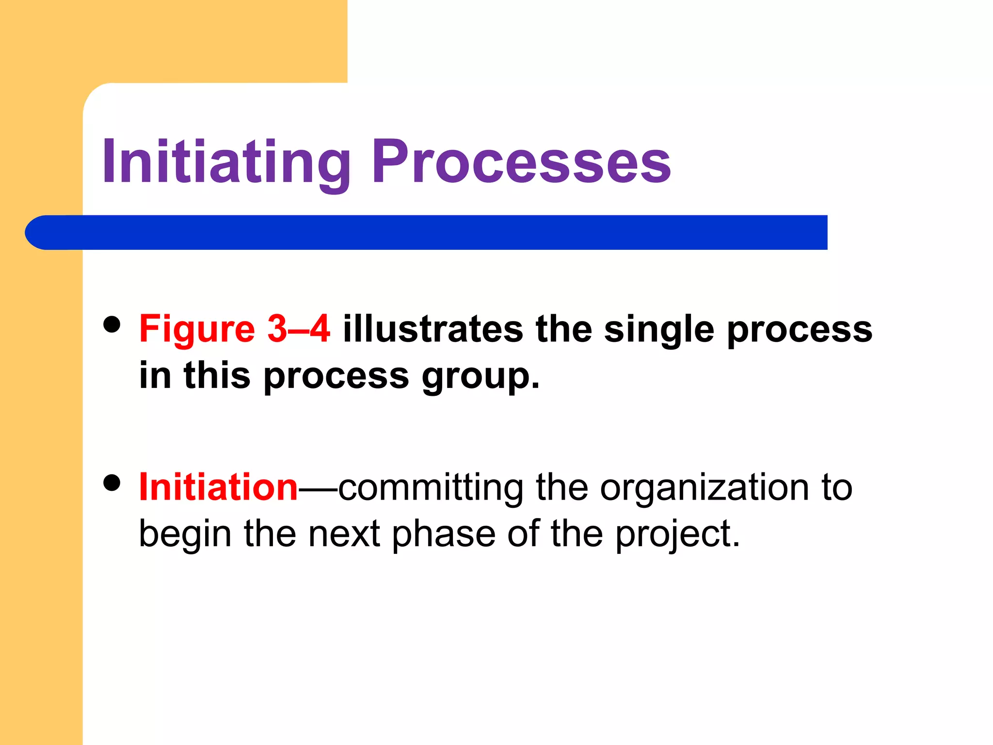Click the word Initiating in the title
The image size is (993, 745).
[x=226, y=162]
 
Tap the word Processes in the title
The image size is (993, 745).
[x=521, y=162]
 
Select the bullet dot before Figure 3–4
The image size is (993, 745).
[x=112, y=324]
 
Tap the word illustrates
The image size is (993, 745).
[x=433, y=329]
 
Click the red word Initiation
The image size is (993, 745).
[x=218, y=487]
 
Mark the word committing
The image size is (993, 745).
[x=431, y=488]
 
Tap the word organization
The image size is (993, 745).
[x=704, y=488]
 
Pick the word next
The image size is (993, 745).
[x=344, y=534]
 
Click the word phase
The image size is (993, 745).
[x=443, y=534]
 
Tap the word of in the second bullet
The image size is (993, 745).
[x=523, y=534]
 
